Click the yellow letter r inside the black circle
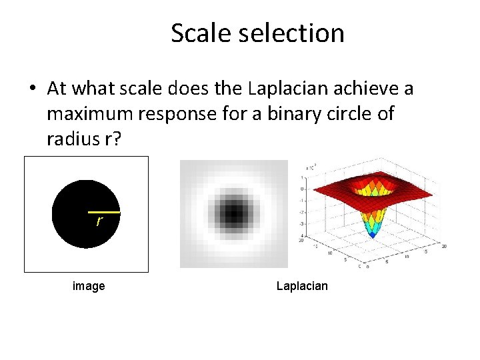coord(99,221)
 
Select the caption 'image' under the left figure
coord(89,286)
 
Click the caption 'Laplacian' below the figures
coord(302,286)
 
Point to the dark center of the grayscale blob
coord(233,214)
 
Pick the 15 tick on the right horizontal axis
coord(425,251)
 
